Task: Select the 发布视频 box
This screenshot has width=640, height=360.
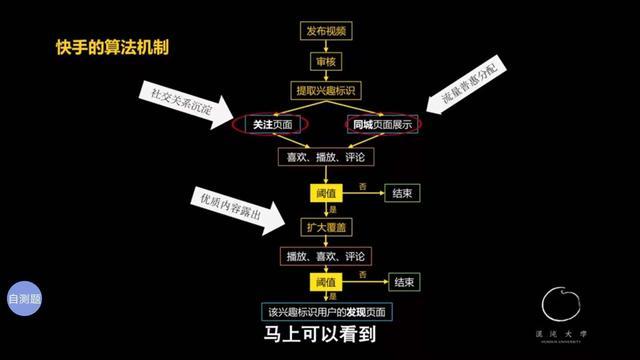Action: point(325,32)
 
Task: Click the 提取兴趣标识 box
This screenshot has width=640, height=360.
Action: point(325,91)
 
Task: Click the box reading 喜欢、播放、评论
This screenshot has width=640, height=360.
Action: point(325,157)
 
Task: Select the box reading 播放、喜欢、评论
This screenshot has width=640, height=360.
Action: point(325,256)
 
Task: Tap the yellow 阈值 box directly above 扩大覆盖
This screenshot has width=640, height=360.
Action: point(325,193)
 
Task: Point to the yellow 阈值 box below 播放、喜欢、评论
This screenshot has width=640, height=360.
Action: point(325,283)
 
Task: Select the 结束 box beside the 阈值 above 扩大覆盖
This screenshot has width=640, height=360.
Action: point(404,193)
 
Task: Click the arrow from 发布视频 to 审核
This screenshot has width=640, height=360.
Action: point(325,47)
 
